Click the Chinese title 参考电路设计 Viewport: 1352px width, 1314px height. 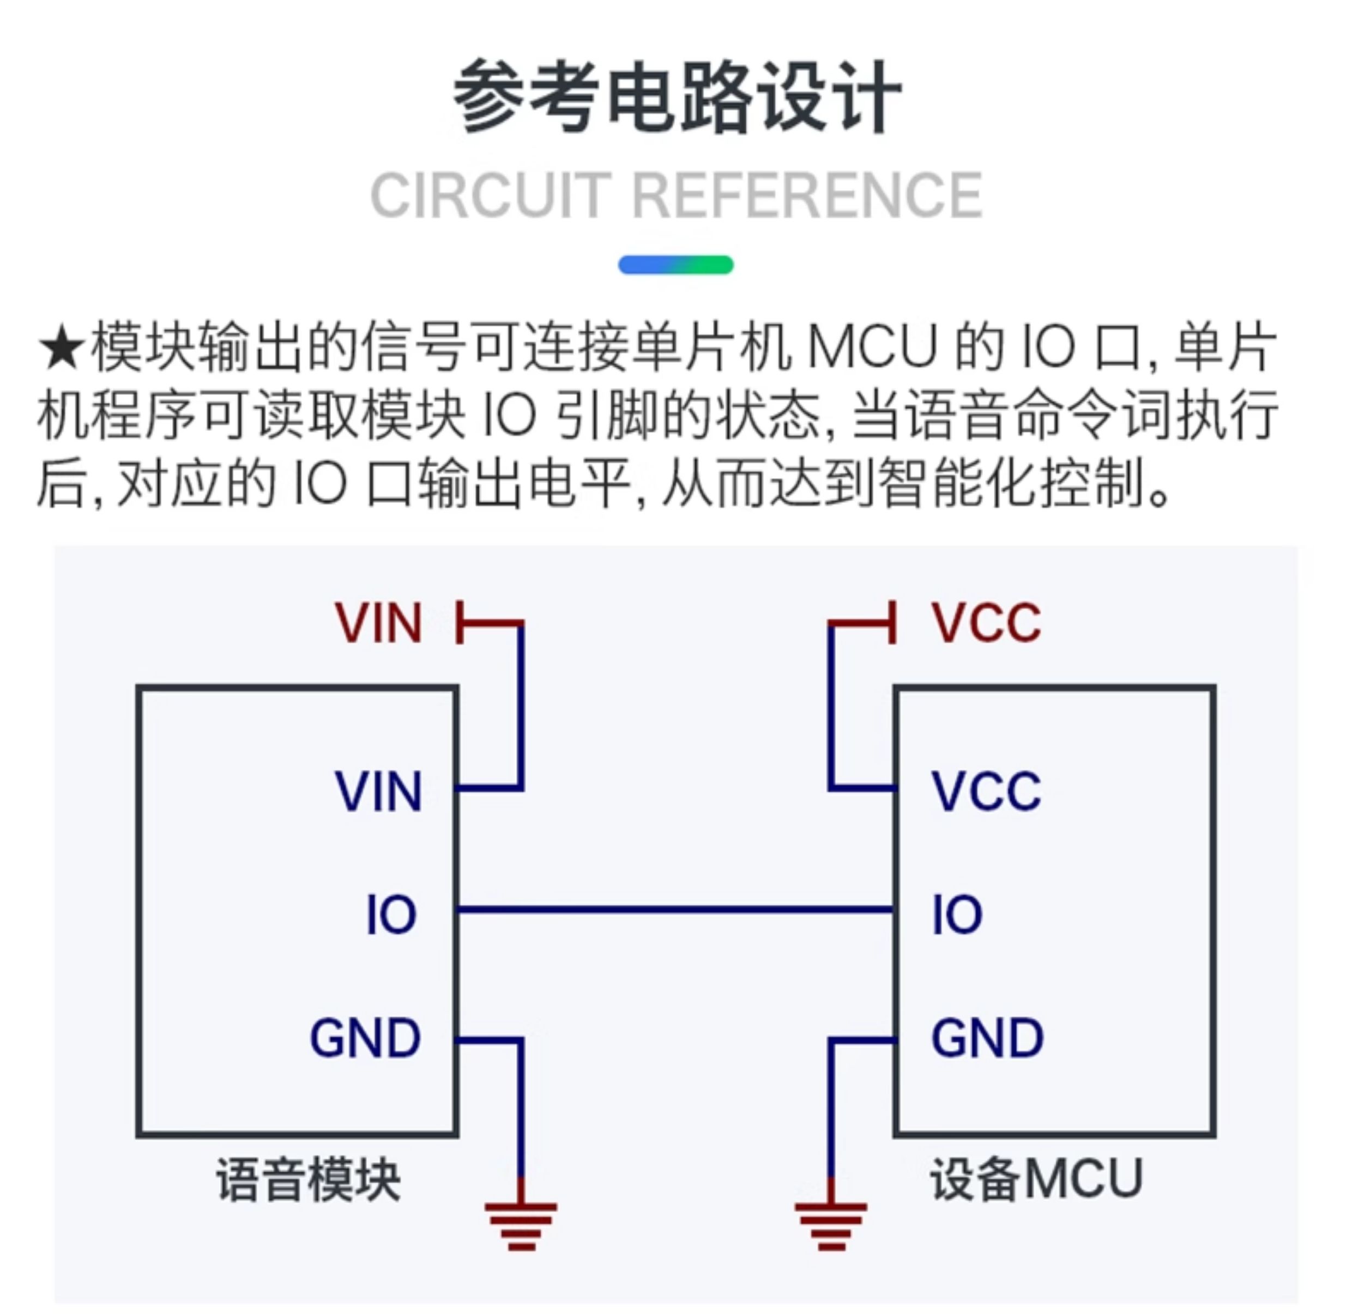[x=677, y=96]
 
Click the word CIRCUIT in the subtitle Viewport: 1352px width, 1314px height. [x=491, y=196]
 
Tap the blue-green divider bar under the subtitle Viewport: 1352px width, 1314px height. [x=675, y=265]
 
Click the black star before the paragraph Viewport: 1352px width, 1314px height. [x=62, y=349]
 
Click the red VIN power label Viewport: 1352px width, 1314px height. [x=378, y=623]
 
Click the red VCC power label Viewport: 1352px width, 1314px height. [x=986, y=623]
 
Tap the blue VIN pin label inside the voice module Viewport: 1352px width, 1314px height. [x=378, y=791]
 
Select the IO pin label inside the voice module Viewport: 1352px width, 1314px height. [x=391, y=915]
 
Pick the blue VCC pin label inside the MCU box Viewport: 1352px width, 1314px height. [x=986, y=791]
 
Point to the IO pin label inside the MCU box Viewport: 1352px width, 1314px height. [x=957, y=915]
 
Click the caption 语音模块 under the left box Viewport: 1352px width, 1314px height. [x=308, y=1180]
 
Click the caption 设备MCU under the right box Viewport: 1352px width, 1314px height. [x=1036, y=1180]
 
